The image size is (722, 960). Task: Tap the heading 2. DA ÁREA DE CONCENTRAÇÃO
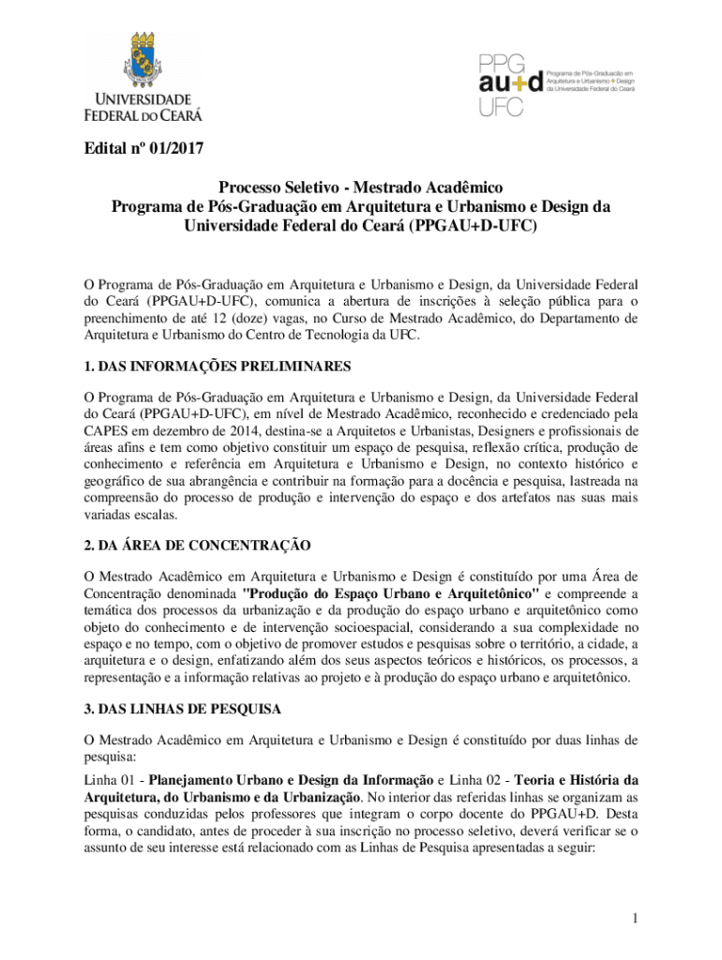197,546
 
